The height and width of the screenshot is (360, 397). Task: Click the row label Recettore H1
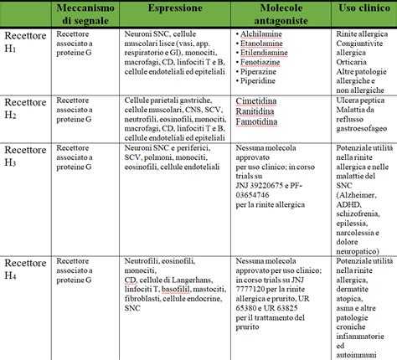(23, 43)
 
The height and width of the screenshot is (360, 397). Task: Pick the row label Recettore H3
(23, 155)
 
